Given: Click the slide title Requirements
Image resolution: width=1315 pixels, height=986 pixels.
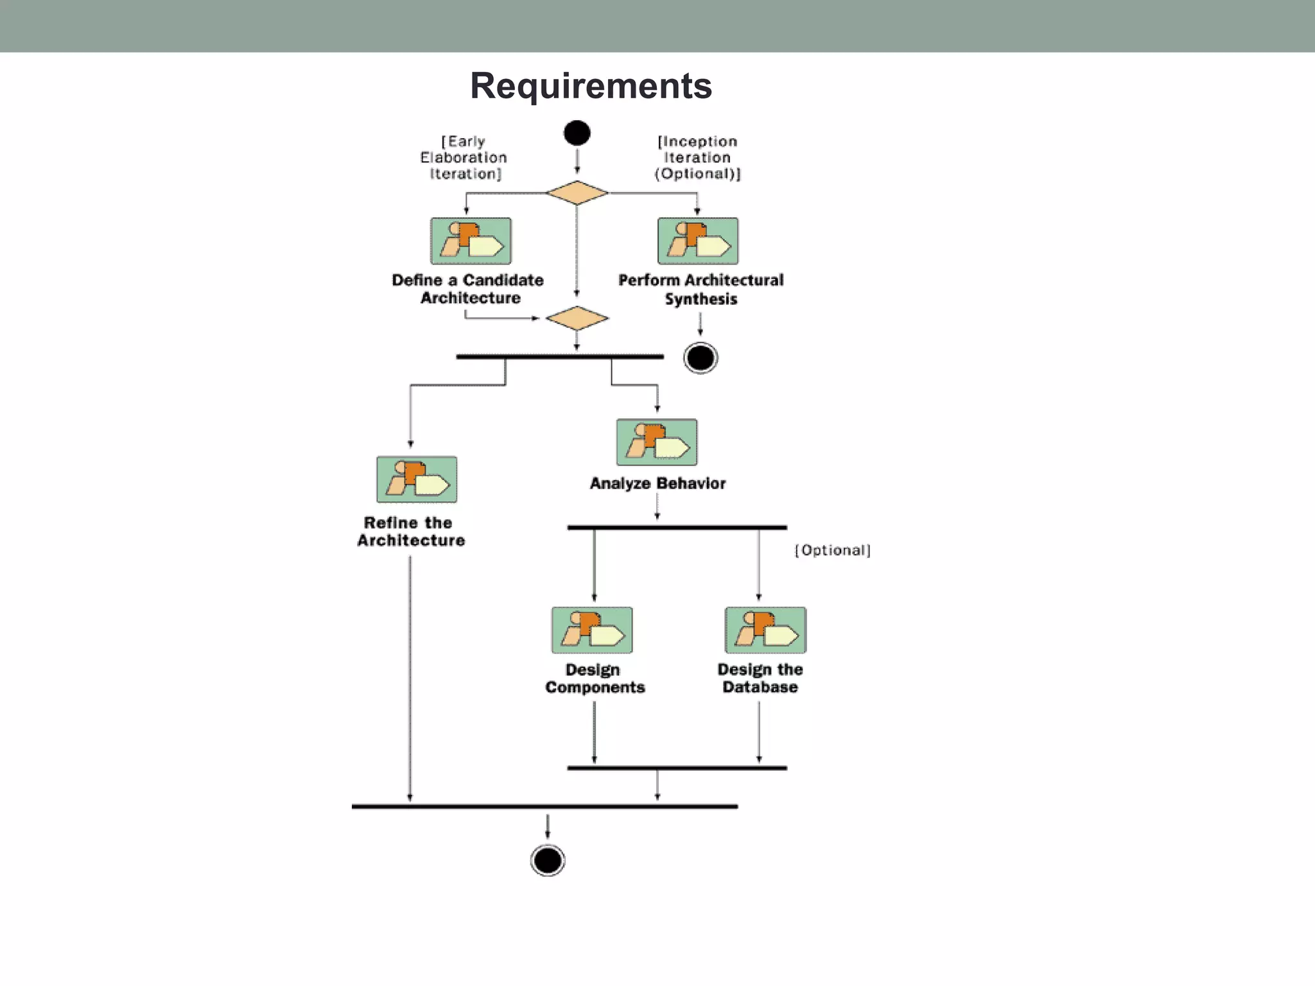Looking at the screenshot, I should click(591, 85).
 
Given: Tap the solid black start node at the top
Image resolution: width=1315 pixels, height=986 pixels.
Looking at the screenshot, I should click(577, 134).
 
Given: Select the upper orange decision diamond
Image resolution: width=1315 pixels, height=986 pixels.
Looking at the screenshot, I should click(577, 193).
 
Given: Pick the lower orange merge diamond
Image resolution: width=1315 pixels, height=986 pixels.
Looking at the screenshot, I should click(577, 318).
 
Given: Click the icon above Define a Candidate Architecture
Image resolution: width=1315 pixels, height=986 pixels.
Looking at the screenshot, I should click(471, 241).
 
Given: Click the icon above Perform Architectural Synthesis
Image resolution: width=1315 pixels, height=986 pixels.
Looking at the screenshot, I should click(698, 241).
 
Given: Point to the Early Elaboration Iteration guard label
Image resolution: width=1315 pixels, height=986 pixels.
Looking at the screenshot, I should click(464, 158).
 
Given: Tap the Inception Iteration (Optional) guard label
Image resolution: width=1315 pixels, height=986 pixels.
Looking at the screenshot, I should click(697, 158).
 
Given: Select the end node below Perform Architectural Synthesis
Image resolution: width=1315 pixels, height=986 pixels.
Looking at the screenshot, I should click(701, 358).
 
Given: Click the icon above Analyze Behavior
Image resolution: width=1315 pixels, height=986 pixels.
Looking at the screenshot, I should click(656, 442).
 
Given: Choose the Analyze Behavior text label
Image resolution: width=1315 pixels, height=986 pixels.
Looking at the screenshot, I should click(657, 483).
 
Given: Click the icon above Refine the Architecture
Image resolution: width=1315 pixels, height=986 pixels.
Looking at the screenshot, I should click(417, 480).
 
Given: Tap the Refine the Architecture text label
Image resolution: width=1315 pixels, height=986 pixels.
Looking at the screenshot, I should click(411, 532).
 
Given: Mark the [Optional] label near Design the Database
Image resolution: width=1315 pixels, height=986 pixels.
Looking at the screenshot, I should click(832, 551).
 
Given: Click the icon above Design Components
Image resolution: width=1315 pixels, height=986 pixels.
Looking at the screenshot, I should click(592, 630).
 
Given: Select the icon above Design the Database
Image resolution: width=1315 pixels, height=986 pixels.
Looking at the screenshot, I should click(765, 630).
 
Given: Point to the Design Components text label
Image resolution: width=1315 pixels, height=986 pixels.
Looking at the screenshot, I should click(595, 679).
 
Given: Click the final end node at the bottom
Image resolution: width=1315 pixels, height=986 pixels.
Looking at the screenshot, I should click(548, 860).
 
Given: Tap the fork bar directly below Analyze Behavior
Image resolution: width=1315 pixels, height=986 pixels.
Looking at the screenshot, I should click(677, 528).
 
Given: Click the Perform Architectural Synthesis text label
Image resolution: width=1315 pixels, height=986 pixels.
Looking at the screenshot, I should click(701, 290).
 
